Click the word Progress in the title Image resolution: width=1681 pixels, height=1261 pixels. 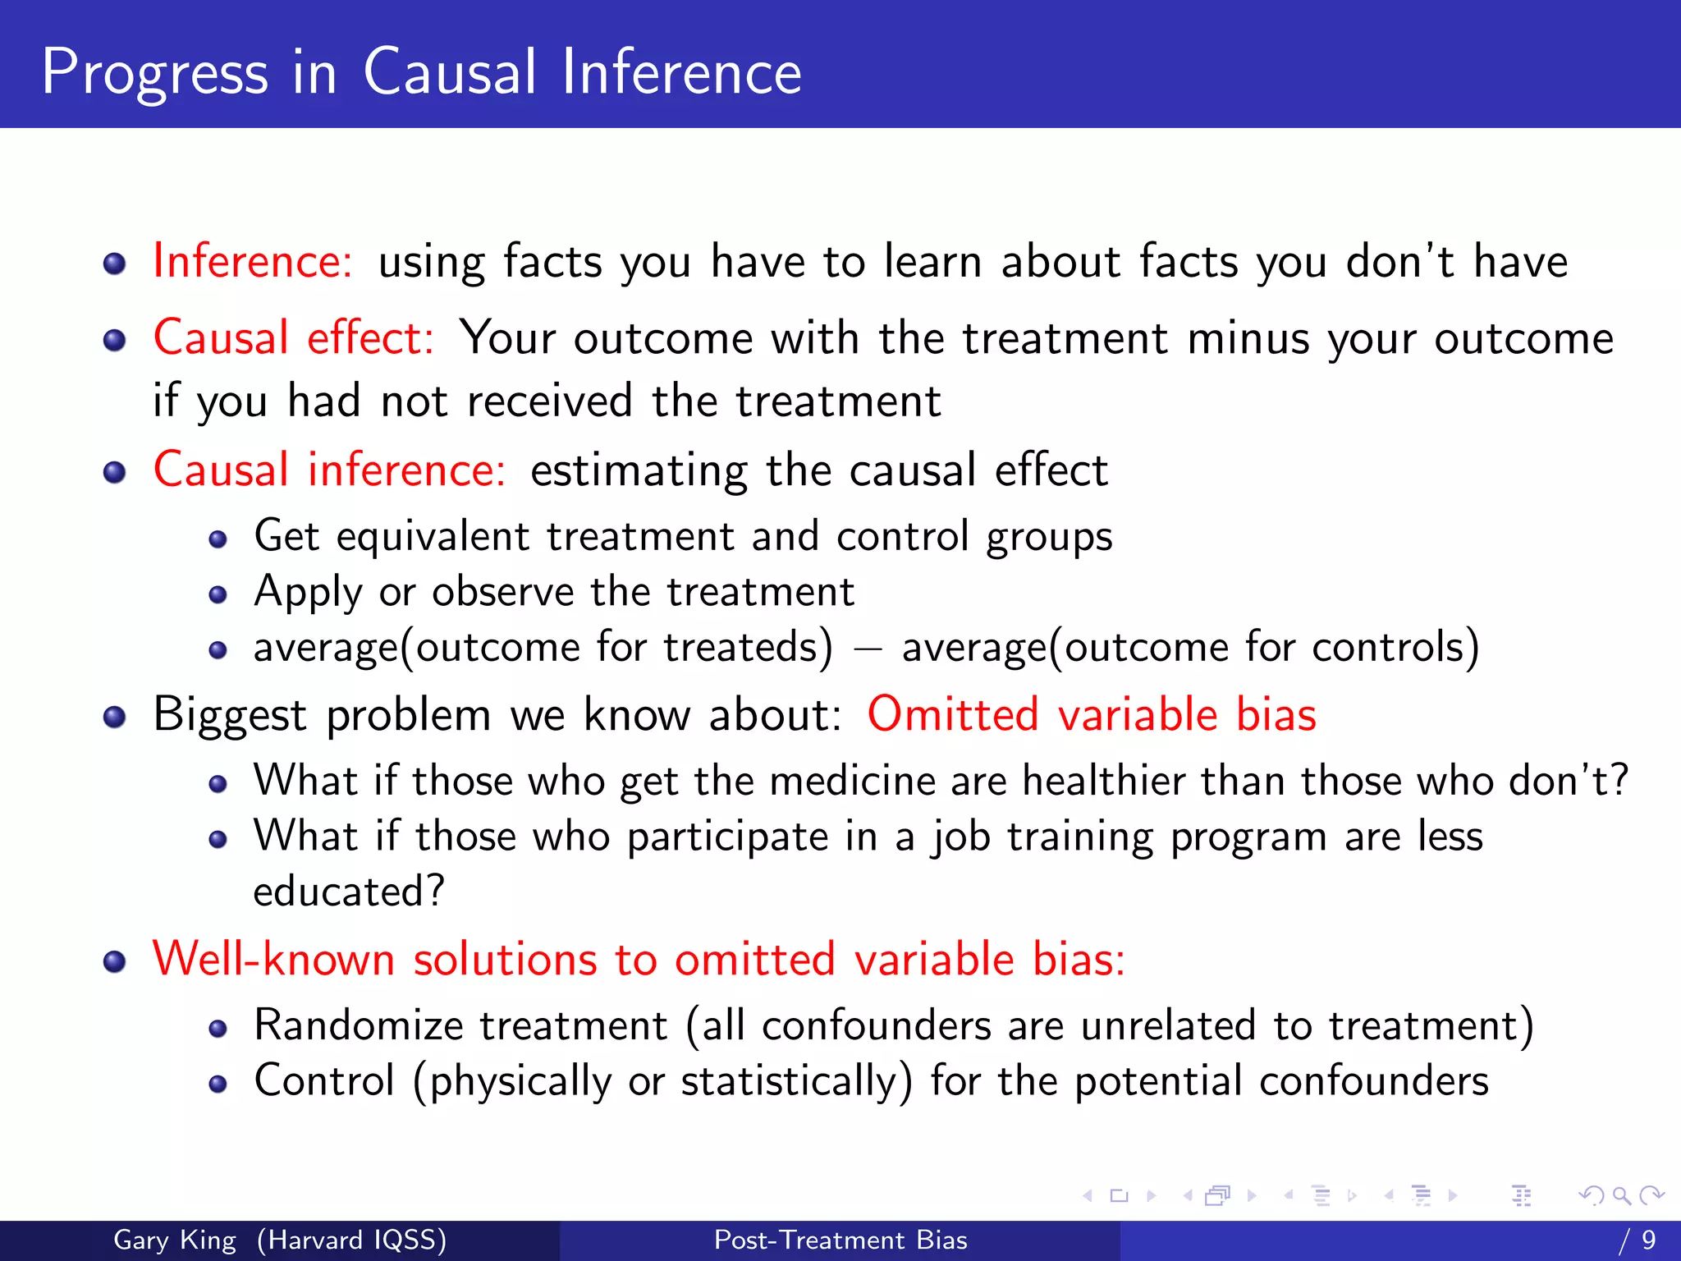[x=154, y=74]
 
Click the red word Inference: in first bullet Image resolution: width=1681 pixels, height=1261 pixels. [x=253, y=262]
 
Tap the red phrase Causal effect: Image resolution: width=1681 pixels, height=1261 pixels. [x=294, y=337]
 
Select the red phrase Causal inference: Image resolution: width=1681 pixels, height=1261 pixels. [x=330, y=470]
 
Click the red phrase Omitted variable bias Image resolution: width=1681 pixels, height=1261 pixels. [x=1092, y=713]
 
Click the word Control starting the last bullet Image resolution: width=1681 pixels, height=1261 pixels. [x=324, y=1080]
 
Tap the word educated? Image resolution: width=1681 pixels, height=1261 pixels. [x=349, y=892]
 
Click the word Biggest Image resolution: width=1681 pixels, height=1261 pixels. [x=230, y=715]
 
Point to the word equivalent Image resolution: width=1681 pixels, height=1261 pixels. [x=433, y=537]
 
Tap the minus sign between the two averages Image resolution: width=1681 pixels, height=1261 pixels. [x=867, y=649]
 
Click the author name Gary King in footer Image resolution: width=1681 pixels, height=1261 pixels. [x=175, y=1240]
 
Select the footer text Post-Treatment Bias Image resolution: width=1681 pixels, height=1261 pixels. [x=840, y=1240]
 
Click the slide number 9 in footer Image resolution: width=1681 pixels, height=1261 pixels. [x=1649, y=1240]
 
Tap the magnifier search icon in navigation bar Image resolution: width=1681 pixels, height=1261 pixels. [x=1621, y=1195]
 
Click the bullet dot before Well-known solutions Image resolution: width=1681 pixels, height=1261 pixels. [x=115, y=961]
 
